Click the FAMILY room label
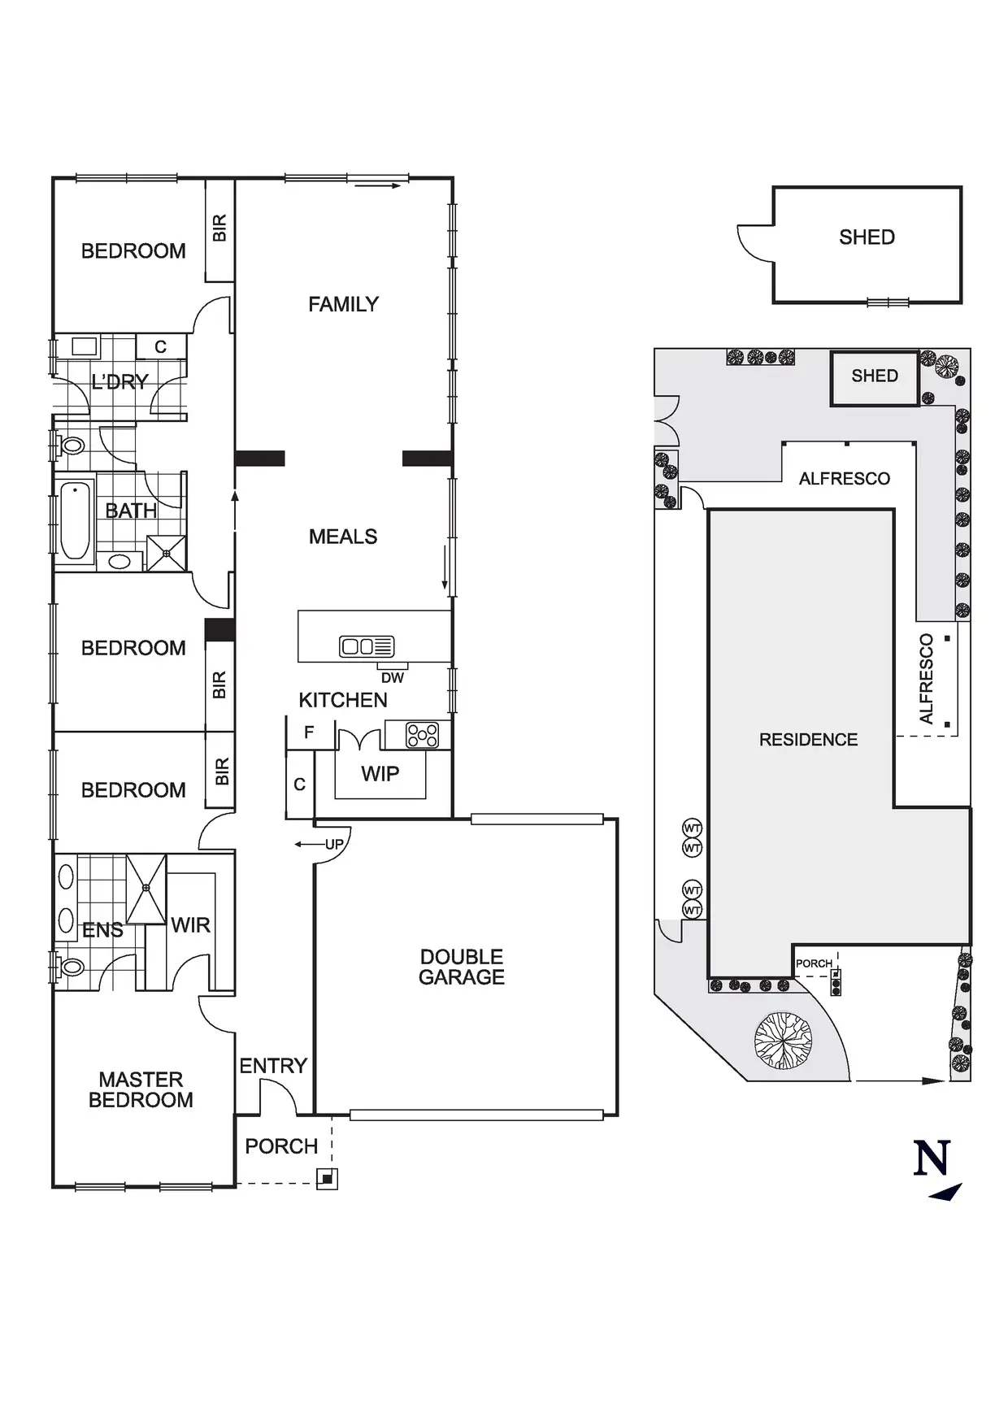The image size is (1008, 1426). pos(343,304)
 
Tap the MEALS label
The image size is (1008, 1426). pos(343,537)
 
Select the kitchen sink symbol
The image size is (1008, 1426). pos(367,646)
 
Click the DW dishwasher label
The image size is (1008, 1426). pos(392,678)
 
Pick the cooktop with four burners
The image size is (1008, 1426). pos(423,735)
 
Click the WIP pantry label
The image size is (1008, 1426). pos(380,774)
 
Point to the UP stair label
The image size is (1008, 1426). pos(334,845)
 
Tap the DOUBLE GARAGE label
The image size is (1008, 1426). pos(462,967)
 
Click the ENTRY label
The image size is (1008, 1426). pos(273,1066)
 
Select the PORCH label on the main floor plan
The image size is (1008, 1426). pos(281,1146)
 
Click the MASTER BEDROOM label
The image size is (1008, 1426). pos(141,1089)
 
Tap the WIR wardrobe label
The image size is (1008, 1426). pos(190,925)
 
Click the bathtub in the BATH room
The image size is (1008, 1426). pos(76,521)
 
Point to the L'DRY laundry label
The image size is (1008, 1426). pos(119,382)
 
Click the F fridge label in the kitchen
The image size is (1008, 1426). pos(309,733)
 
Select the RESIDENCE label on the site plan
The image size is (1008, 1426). pos(808,740)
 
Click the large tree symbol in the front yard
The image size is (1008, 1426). pos(783,1040)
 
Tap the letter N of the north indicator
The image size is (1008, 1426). pos(932,1159)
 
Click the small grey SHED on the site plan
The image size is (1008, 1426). pos(875,376)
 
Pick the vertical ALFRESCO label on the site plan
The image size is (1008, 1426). pos(926,679)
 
